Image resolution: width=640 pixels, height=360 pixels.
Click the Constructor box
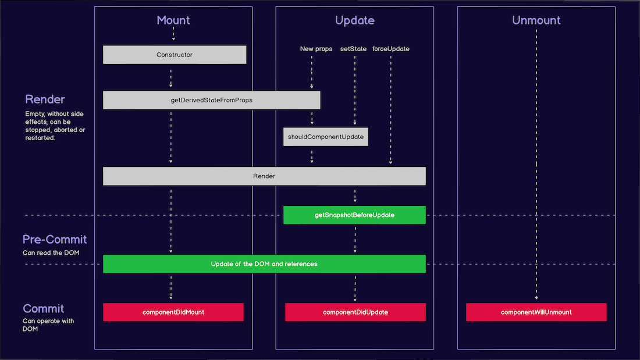175,55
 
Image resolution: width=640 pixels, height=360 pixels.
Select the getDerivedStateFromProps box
211,100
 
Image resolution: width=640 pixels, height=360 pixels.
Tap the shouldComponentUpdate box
326,137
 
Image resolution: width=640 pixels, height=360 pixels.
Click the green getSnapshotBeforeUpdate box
354,215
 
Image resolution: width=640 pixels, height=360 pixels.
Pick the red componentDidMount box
173,312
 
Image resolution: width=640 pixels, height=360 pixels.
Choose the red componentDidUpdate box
355,312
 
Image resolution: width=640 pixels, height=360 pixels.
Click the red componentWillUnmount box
536,312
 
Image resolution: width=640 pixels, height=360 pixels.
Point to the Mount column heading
173,20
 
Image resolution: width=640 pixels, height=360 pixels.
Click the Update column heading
354,20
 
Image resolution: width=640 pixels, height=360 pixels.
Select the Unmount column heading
536,20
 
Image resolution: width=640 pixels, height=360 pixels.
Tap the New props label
316,49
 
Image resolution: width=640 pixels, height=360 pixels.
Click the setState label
353,49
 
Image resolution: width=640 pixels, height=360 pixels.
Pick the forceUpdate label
390,49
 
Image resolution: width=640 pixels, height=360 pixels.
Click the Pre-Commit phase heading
55,239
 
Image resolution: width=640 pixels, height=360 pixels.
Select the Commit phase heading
44,308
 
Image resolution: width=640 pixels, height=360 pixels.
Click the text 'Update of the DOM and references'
264,264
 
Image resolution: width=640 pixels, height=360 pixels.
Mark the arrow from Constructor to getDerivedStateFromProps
171,77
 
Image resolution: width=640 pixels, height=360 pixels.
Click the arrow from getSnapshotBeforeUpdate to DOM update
355,239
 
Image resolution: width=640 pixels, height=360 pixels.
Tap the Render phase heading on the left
45,99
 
